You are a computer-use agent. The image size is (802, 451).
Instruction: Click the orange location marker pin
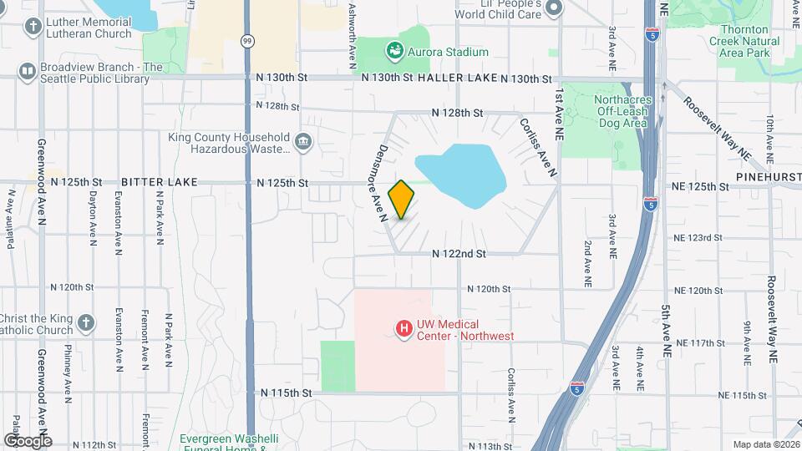402,200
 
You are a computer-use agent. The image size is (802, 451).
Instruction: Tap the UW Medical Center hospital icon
404,330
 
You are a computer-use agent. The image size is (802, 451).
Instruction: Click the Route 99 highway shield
248,41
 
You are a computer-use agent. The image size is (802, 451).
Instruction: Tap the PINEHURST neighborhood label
769,177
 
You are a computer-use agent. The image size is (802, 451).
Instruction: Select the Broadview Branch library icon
28,73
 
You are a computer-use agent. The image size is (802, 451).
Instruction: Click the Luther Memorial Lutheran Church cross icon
33,27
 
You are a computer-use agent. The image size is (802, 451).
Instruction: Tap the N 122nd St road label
459,253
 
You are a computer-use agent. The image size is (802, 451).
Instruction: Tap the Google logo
28,440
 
